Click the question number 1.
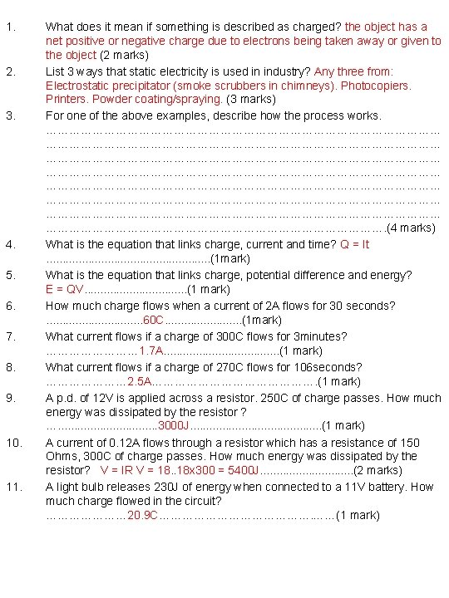(10, 26)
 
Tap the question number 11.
(12, 487)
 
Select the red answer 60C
(154, 320)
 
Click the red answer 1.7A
(151, 350)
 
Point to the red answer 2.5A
(140, 381)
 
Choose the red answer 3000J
(174, 426)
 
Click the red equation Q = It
(353, 244)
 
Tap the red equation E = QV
(64, 289)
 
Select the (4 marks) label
(411, 228)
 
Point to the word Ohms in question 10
(61, 456)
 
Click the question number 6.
(10, 306)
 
